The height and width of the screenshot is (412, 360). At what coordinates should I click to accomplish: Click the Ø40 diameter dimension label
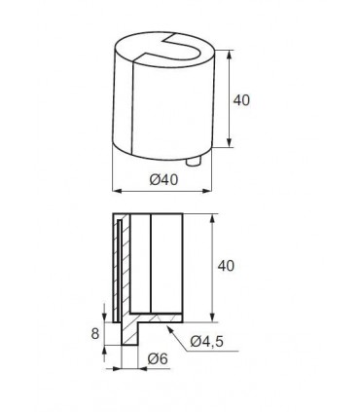coord(163,179)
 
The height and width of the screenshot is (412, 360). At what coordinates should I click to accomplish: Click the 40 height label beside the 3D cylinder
coord(241,100)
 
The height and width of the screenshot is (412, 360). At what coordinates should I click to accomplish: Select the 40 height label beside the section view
coord(226,266)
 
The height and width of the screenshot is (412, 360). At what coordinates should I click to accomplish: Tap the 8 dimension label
coord(94,333)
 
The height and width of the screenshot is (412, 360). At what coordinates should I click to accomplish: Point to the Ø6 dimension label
coord(158,358)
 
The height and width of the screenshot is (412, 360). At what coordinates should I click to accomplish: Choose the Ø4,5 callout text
coord(206,341)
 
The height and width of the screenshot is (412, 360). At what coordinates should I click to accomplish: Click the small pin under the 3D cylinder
coord(194,161)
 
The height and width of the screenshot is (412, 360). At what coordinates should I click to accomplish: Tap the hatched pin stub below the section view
coord(129,334)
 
